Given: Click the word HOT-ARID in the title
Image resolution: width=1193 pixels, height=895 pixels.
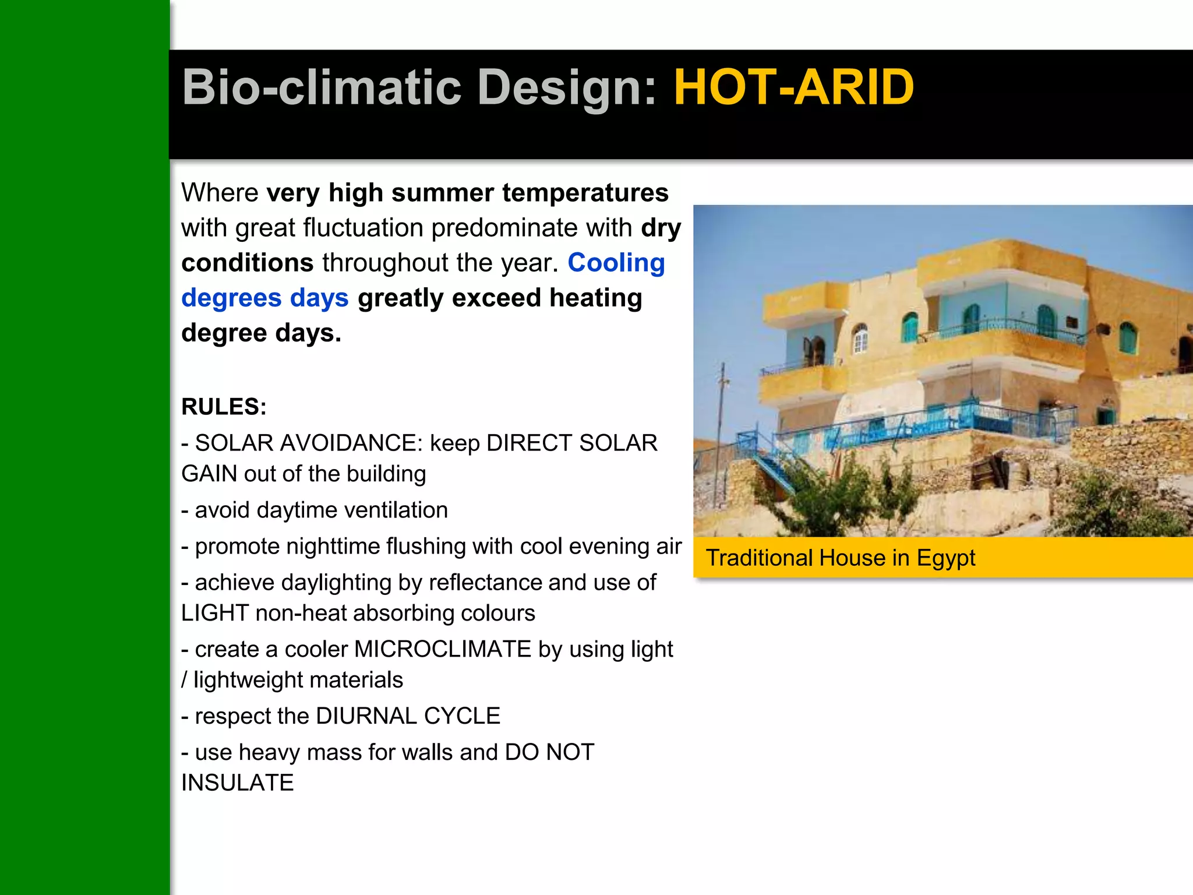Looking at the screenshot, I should [793, 87].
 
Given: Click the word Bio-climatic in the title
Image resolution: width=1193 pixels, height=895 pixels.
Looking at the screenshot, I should [322, 87].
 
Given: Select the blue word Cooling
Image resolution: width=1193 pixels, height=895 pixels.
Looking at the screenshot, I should [616, 263].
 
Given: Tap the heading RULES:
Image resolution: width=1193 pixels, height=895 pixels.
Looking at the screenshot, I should [224, 407].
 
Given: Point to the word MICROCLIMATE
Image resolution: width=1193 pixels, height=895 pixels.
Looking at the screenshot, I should [443, 649].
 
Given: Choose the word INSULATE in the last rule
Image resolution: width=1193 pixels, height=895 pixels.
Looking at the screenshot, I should [238, 783].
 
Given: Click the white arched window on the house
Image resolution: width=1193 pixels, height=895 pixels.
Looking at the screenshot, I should [860, 339].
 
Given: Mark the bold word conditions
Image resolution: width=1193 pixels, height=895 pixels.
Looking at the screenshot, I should [248, 263].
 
